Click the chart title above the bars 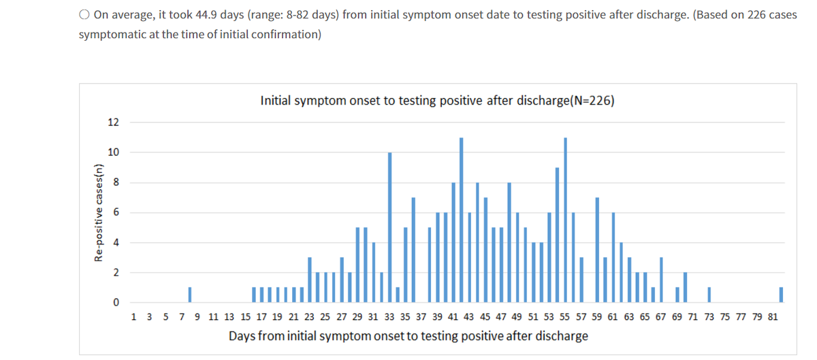pyautogui.click(x=437, y=101)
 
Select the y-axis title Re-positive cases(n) pyautogui.click(x=99, y=212)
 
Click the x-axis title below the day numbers pyautogui.click(x=408, y=336)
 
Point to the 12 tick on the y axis pyautogui.click(x=113, y=122)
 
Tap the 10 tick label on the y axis pyautogui.click(x=113, y=152)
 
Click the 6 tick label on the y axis pyautogui.click(x=115, y=212)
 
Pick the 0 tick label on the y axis pyautogui.click(x=115, y=302)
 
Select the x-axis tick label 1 pyautogui.click(x=133, y=316)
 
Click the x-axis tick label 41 pyautogui.click(x=453, y=316)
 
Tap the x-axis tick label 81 pyautogui.click(x=773, y=316)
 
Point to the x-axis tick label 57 pyautogui.click(x=581, y=316)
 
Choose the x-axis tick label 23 pyautogui.click(x=310, y=316)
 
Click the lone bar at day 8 pyautogui.click(x=190, y=294)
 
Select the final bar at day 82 pyautogui.click(x=781, y=294)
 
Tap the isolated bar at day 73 pyautogui.click(x=709, y=294)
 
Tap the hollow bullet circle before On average pyautogui.click(x=84, y=14)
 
